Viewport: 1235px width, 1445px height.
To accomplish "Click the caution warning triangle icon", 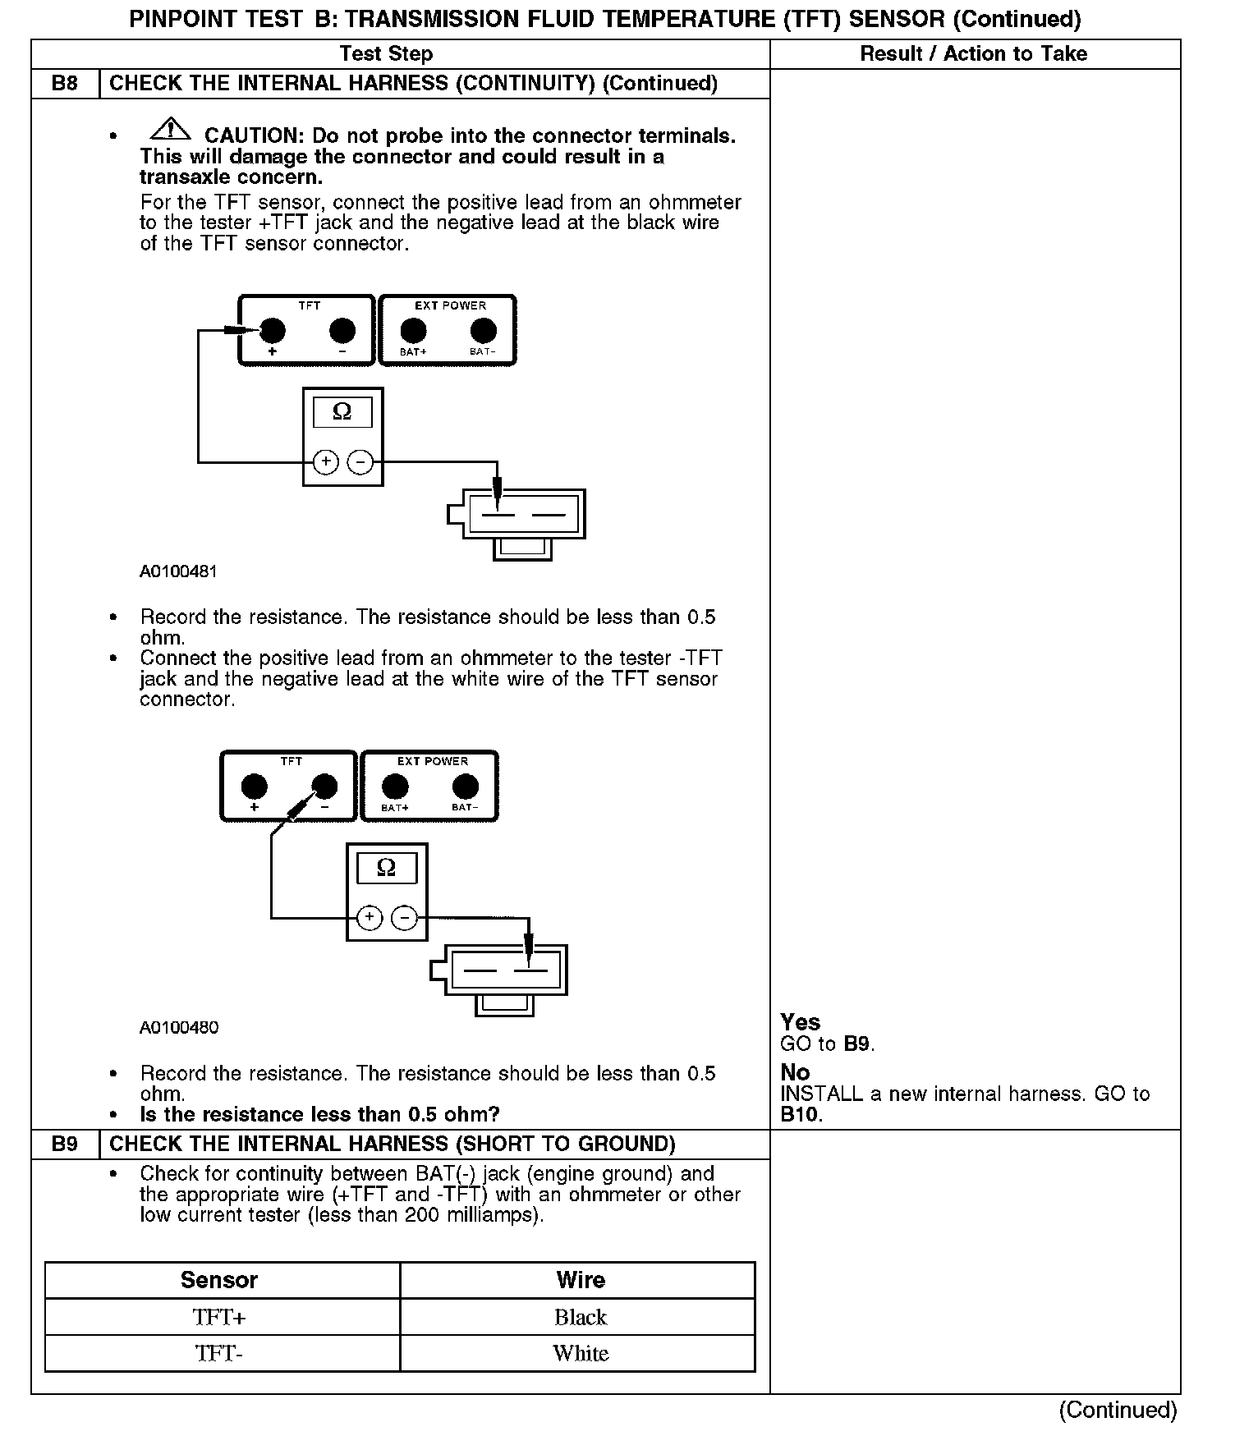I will point(170,129).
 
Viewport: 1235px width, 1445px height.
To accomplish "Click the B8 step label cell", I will point(65,84).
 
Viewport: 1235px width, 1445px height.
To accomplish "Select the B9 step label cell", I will point(65,1144).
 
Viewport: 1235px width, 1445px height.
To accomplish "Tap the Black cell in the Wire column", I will point(580,1317).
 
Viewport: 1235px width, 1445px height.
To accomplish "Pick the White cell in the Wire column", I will point(580,1353).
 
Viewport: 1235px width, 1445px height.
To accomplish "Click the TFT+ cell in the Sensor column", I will point(219,1317).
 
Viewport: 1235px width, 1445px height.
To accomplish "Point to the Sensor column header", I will point(219,1280).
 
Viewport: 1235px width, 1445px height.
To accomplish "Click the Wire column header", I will point(580,1280).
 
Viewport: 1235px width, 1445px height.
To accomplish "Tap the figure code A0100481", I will point(178,571).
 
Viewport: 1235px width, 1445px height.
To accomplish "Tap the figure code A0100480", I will point(178,1027).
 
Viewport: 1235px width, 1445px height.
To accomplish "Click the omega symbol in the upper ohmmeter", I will point(342,411).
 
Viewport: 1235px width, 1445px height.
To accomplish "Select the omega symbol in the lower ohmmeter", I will point(386,867).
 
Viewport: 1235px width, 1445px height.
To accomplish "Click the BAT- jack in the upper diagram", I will point(483,331).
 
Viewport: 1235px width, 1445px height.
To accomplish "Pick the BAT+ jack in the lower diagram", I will point(395,787).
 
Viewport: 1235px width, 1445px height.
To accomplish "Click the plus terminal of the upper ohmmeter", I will point(326,462).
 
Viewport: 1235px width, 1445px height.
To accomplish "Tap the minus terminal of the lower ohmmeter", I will point(404,917).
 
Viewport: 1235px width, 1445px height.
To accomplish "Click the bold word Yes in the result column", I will point(800,1022).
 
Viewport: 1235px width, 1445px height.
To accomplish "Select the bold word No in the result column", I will point(795,1072).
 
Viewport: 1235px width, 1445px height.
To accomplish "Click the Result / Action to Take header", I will point(973,54).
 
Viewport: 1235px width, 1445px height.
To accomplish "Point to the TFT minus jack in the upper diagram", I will point(342,331).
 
